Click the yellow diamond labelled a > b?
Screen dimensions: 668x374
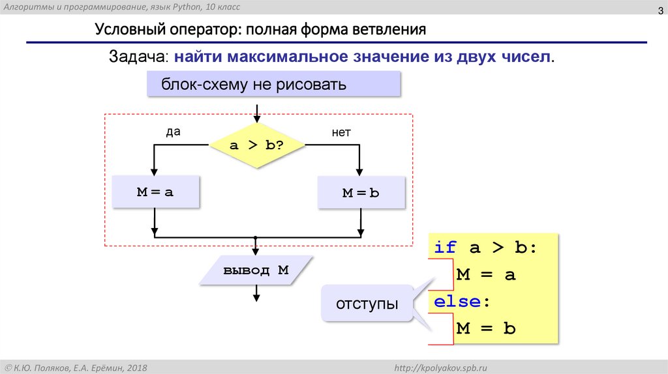point(257,145)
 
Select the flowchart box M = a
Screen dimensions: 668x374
point(155,192)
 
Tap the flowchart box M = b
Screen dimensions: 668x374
point(361,193)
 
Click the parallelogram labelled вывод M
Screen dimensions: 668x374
point(256,270)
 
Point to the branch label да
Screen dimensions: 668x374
point(172,132)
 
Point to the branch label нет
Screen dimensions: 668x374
point(341,132)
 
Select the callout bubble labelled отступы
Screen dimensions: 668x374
point(367,304)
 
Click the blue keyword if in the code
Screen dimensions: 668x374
point(446,248)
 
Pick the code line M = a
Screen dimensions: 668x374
point(486,274)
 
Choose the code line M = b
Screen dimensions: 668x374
point(486,328)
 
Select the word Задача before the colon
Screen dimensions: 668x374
point(139,57)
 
